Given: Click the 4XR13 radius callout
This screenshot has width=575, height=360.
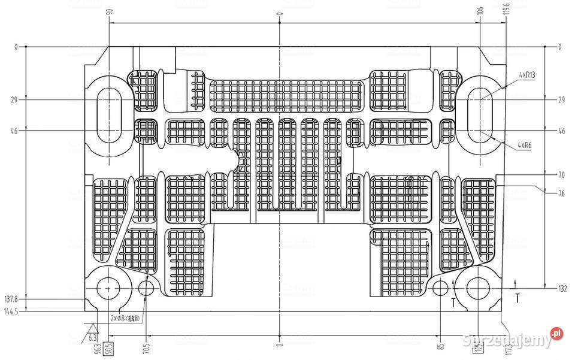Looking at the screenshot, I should (x=527, y=75).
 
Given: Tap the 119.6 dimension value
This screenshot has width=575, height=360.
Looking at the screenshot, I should (x=506, y=10).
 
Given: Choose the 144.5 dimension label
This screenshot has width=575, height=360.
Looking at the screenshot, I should (x=11, y=311).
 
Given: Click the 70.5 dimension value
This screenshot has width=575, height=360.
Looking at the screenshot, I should (x=146, y=347).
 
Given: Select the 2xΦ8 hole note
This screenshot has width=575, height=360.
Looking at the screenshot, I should (x=125, y=319).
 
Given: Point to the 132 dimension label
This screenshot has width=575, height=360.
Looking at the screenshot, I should (x=562, y=289).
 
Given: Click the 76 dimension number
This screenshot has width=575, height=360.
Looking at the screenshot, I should (x=561, y=193).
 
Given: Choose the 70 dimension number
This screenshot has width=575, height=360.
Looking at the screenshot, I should (x=561, y=176).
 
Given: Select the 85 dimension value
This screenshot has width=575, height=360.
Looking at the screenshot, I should (x=440, y=346).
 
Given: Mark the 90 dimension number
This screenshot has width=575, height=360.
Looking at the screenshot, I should (x=110, y=12).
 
